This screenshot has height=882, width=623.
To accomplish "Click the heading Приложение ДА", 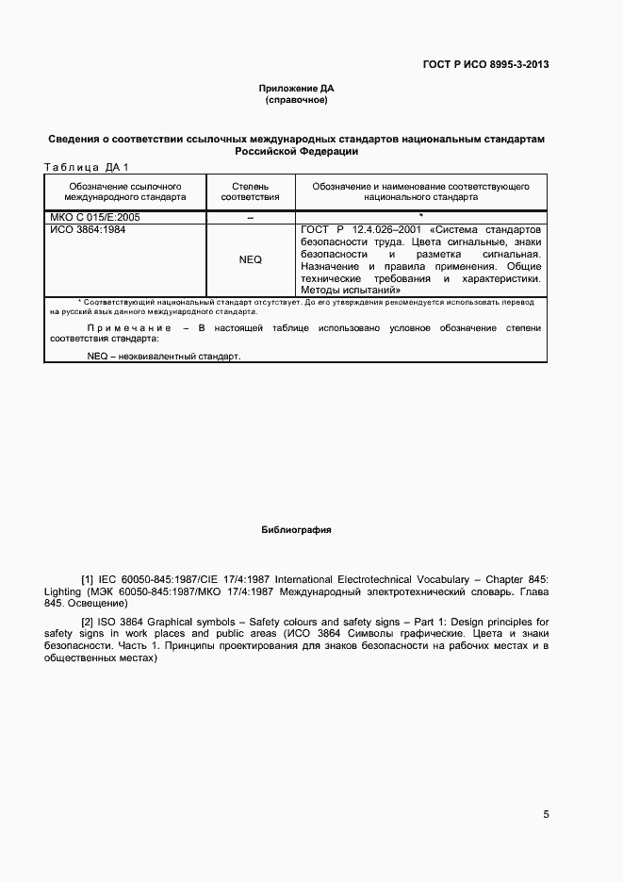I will (296, 88).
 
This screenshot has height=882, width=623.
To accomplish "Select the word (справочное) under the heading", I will (296, 99).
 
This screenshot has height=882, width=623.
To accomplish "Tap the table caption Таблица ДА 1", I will (86, 168).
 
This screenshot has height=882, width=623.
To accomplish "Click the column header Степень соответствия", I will (250, 192).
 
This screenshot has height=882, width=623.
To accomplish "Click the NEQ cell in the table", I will (250, 259).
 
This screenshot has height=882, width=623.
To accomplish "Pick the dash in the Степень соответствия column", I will (250, 218).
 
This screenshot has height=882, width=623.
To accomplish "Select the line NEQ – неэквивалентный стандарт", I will (163, 357).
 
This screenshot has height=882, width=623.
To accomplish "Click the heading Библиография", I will (296, 530).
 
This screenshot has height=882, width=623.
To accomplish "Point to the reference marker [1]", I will (88, 578).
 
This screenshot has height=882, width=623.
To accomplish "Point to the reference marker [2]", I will (88, 623).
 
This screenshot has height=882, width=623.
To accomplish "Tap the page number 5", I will (547, 815).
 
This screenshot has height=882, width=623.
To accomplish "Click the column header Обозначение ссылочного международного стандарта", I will (124, 192).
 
